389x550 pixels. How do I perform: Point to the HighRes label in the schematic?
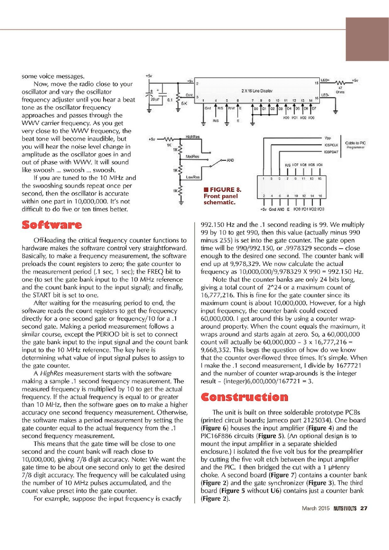point(193,137)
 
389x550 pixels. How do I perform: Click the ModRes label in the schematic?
point(193,156)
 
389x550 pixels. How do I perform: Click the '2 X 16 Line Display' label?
point(257,91)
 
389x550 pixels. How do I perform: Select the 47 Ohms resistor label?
point(340,90)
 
